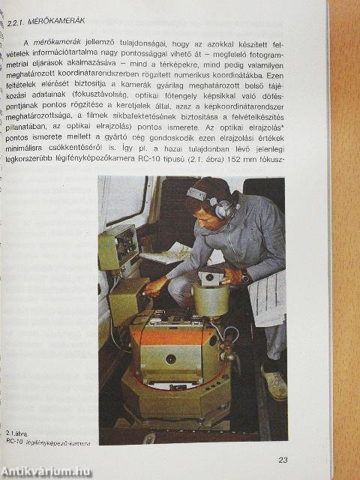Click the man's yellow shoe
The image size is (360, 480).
point(274,386)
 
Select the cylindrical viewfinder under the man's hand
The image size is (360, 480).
point(211,298)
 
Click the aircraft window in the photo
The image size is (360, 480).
point(124,199)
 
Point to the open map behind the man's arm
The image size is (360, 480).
point(169,252)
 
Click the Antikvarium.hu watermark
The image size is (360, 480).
point(46,470)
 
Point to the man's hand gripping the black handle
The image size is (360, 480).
point(156,286)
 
